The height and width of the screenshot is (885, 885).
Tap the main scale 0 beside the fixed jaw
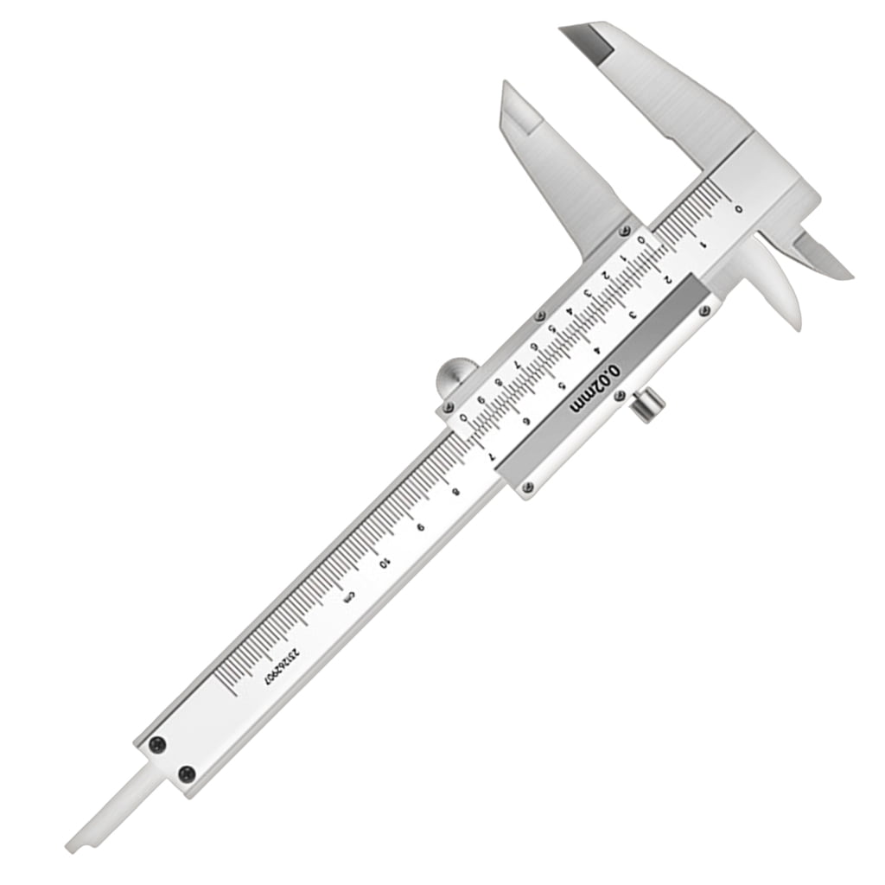click(x=737, y=208)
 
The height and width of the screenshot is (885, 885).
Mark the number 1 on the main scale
click(x=704, y=244)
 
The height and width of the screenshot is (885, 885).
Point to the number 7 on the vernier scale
click(x=516, y=365)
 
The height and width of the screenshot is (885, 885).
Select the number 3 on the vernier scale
click(x=588, y=294)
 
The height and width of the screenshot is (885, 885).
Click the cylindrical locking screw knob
click(x=647, y=405)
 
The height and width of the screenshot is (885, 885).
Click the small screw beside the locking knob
click(x=619, y=396)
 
